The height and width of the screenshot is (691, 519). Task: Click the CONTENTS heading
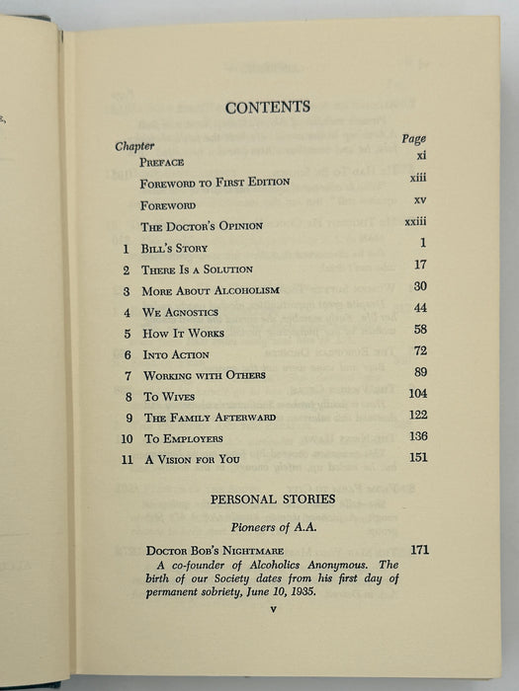(x=267, y=108)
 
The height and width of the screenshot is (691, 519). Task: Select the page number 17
(x=418, y=265)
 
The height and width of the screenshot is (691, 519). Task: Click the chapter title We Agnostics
(x=182, y=312)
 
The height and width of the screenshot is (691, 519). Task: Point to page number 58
(x=419, y=329)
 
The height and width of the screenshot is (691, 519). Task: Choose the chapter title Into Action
(x=176, y=354)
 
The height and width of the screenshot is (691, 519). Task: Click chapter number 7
(x=127, y=375)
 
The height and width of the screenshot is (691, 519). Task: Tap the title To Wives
(x=166, y=396)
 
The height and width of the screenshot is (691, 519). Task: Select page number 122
(x=417, y=414)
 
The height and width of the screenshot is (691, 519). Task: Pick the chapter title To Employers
(x=183, y=438)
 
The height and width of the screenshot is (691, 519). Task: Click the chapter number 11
(x=125, y=459)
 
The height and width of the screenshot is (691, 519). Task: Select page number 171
(x=418, y=548)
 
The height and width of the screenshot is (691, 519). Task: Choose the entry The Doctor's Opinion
(x=202, y=226)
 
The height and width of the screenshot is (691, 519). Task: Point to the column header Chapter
(x=134, y=146)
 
